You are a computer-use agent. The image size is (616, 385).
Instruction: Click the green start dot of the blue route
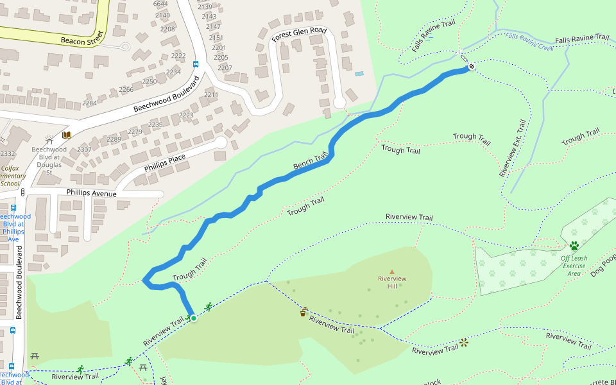point(193,318)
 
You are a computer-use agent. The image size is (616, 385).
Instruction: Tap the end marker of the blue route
point(471,65)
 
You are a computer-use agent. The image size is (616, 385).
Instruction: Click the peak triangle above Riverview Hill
point(392,271)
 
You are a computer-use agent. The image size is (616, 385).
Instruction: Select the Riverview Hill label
point(392,282)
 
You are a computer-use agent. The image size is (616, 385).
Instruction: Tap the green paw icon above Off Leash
point(574,246)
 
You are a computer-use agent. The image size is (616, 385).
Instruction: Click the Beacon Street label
point(81,41)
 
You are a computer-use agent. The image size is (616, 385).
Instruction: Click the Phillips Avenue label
point(92,193)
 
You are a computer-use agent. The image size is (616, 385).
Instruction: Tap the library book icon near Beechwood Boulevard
point(66,135)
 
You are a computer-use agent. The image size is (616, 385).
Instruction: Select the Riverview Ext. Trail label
point(512,148)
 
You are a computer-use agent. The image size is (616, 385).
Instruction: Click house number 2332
point(7,154)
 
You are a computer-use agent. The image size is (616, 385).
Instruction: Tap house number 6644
point(160,4)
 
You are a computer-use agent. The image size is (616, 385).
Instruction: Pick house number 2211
point(211,95)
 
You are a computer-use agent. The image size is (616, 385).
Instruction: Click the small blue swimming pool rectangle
point(359,74)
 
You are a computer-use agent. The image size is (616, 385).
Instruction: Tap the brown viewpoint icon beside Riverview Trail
point(463,343)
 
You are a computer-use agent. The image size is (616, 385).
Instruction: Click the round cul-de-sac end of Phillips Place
point(221,142)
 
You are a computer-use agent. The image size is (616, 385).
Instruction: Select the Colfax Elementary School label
point(12,176)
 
